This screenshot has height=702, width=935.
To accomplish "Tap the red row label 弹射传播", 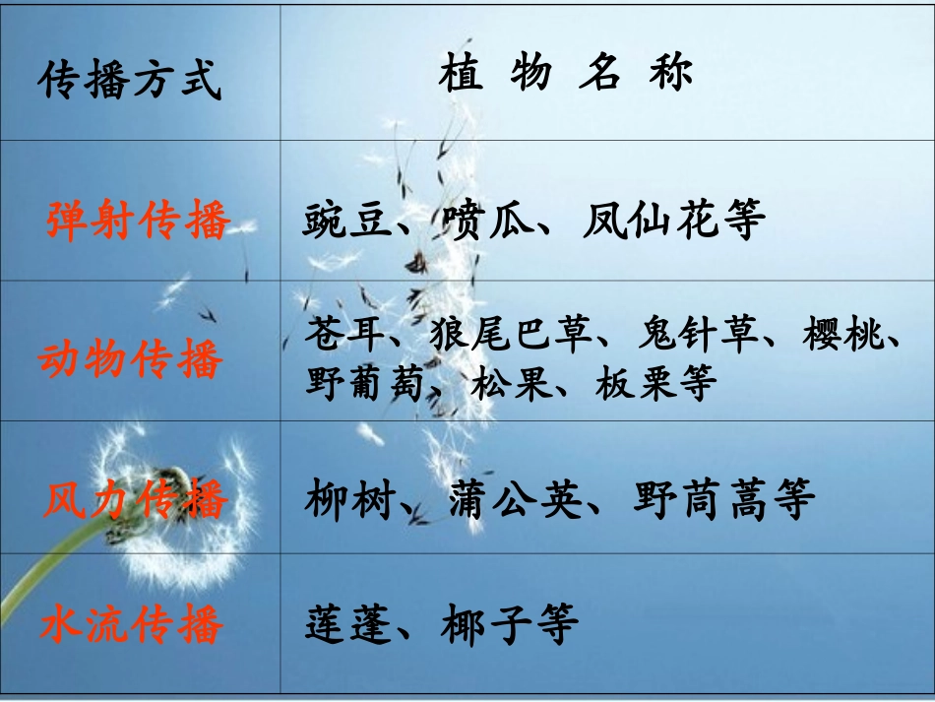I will click(138, 220).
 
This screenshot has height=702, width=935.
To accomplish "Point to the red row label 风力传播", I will click(136, 500).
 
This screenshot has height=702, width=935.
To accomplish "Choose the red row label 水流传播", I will click(133, 624).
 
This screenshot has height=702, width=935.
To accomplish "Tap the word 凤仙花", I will click(645, 222).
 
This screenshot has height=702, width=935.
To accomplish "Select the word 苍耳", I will click(341, 335).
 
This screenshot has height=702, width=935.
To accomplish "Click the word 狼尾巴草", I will click(511, 335).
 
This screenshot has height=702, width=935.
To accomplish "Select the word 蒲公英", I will click(513, 500).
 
